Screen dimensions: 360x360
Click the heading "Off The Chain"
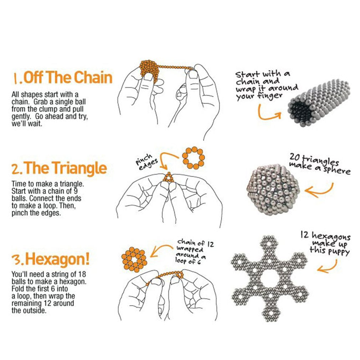click(68, 77)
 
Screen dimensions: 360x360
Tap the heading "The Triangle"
click(65, 168)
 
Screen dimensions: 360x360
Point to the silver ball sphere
click(273, 190)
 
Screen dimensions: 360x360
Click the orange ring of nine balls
click(193, 158)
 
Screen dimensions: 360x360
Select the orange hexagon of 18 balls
click(134, 259)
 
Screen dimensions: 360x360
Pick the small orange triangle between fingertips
click(169, 178)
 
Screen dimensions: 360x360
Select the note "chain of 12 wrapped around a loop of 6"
click(195, 252)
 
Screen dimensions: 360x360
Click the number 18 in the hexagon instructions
click(82, 274)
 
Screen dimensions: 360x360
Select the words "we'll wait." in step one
click(27, 124)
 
